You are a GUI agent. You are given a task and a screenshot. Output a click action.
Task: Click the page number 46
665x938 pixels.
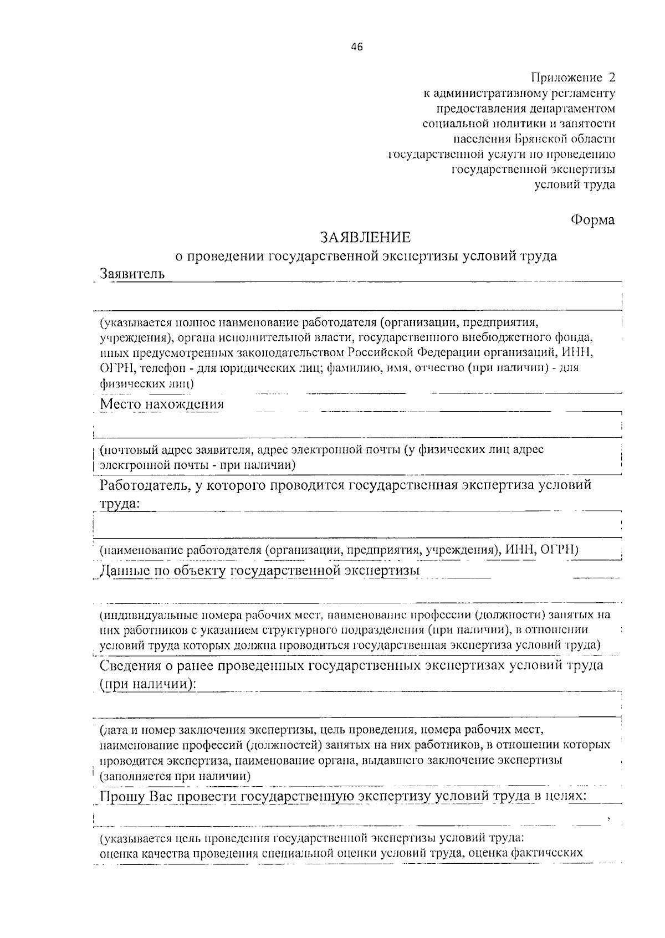[356, 47]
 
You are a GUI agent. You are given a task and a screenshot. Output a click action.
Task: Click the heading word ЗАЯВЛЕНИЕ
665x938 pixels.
[365, 238]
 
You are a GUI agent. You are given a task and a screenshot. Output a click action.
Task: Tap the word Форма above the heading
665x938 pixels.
[592, 220]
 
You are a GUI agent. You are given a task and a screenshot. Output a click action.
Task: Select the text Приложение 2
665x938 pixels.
[573, 77]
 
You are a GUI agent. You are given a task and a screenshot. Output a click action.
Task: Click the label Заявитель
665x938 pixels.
[132, 274]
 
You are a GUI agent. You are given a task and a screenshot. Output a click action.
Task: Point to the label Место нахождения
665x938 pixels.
[162, 404]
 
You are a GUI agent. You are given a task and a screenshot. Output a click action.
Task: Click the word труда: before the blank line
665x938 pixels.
[120, 504]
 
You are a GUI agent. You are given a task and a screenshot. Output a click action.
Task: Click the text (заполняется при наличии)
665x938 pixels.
[175, 776]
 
